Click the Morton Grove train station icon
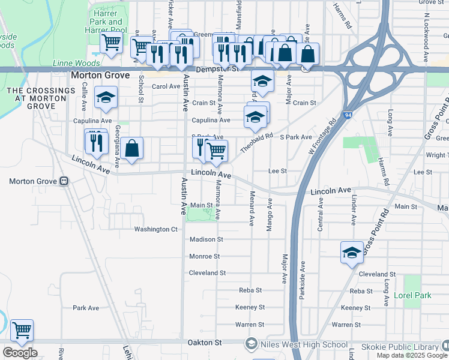tap(64, 181)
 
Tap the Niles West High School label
tap(304, 344)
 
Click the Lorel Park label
tap(412, 296)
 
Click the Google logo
tap(20, 353)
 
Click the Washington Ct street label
tap(156, 229)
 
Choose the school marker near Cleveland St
tap(352, 252)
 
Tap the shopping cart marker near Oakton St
tap(22, 329)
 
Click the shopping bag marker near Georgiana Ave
tap(131, 149)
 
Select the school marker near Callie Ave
tap(106, 98)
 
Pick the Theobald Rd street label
tap(256, 143)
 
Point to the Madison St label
tap(206, 239)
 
